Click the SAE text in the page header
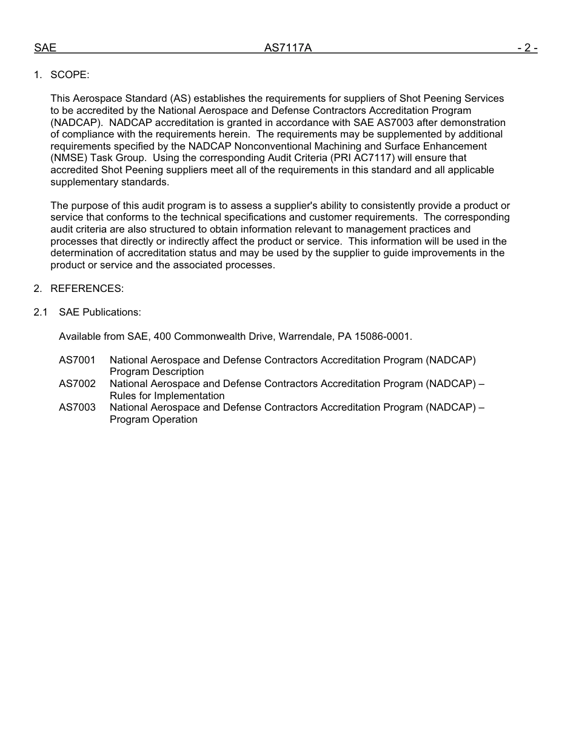[45, 48]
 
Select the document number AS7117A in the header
[287, 48]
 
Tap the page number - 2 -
[527, 48]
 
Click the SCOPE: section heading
[70, 74]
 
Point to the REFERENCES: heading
[87, 289]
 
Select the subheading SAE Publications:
[100, 313]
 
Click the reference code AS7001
[77, 360]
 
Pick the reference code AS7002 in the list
[77, 384]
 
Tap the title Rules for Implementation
[167, 396]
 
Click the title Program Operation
[153, 420]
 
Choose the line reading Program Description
[156, 372]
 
